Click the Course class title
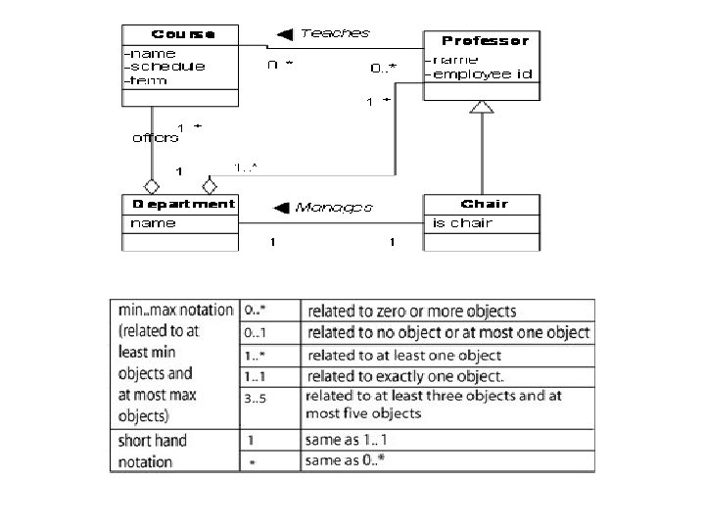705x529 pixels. [181, 33]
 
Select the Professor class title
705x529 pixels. [485, 41]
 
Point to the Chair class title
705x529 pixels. [484, 204]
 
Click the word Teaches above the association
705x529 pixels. [335, 33]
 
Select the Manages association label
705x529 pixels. [334, 207]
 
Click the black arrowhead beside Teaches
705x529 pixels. [285, 34]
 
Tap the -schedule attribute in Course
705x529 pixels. [164, 67]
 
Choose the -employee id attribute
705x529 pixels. [480, 73]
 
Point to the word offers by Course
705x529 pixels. [155, 138]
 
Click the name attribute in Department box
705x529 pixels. [153, 223]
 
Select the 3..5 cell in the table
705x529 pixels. [257, 398]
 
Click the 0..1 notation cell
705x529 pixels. [257, 333]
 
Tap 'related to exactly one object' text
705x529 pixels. [404, 376]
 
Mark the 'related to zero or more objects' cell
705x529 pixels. [411, 312]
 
